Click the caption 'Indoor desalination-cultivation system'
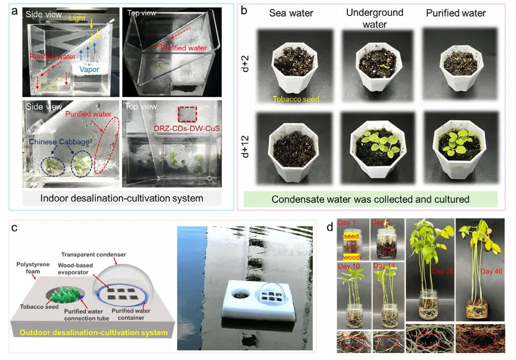coord(122,198)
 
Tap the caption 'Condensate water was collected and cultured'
coord(370,199)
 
